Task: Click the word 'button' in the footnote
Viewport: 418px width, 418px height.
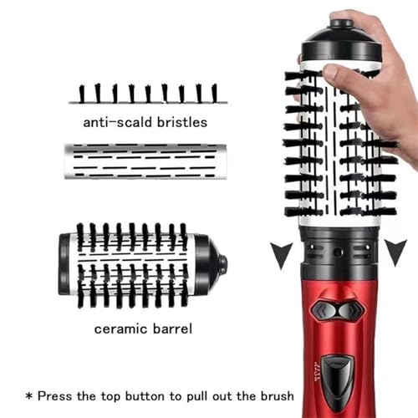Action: (x=165, y=395)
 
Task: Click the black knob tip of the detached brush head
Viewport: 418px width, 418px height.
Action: (x=222, y=265)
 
